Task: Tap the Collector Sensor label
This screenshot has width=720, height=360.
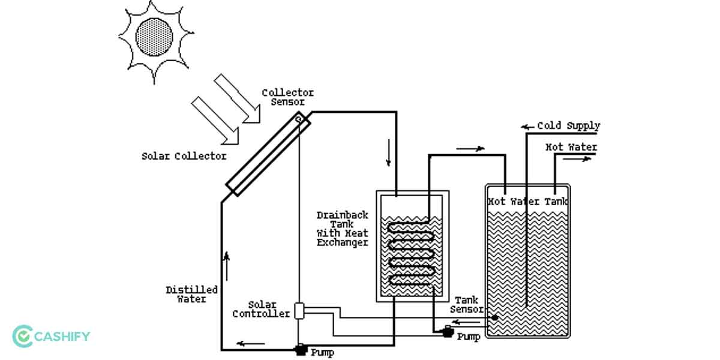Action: [287, 97]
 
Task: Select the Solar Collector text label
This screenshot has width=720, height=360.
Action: [184, 156]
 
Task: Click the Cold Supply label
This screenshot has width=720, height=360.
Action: [568, 126]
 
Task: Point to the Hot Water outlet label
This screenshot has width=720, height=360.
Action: [571, 147]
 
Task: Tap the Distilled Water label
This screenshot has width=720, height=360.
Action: [192, 294]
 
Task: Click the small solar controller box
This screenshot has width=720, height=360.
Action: [299, 310]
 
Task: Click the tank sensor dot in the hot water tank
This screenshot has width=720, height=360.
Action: [494, 317]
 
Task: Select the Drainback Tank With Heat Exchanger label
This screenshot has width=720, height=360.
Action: [342, 229]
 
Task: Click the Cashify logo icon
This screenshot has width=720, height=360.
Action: [23, 336]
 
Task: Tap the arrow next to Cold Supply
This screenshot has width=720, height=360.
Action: [527, 127]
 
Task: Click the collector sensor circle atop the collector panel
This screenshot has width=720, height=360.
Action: [298, 119]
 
